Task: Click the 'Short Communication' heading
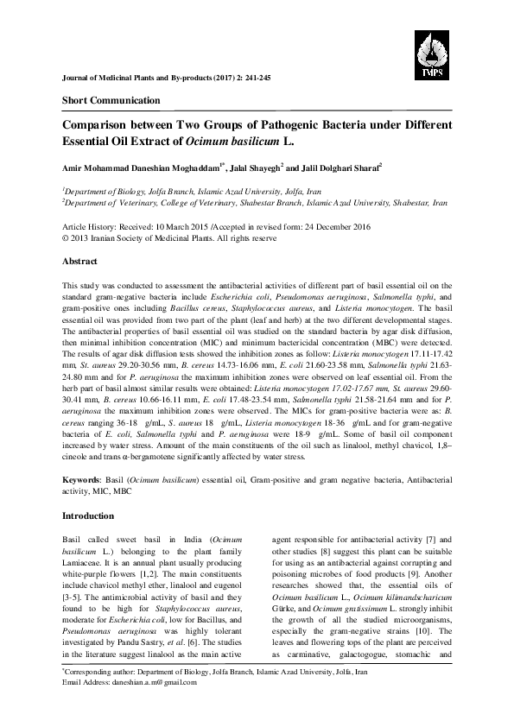pos(111,100)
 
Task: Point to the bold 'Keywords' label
pos(83,477)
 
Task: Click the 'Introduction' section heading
pos(89,515)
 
